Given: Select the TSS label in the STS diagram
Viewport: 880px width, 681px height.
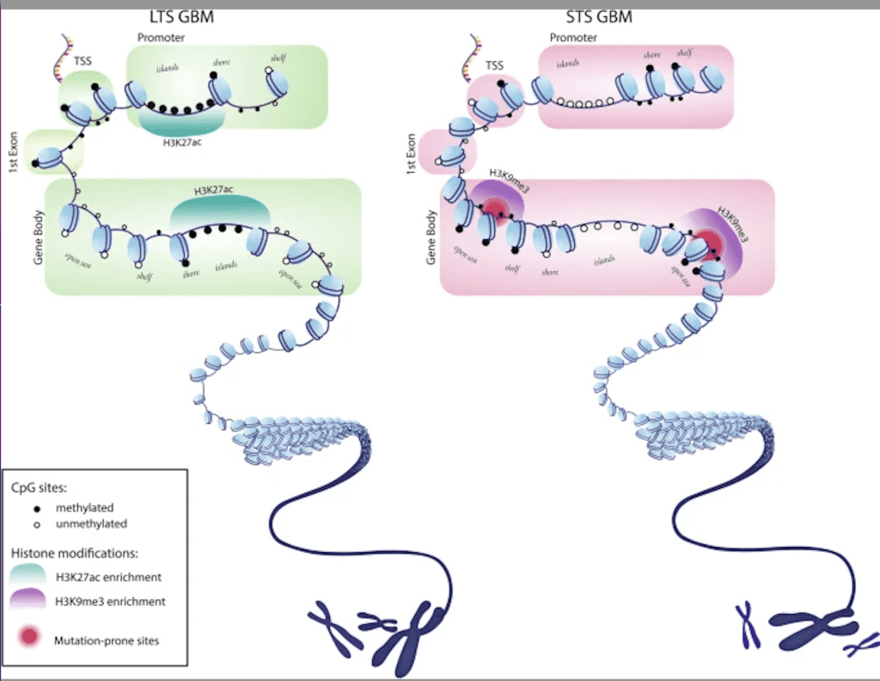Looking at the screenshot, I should click(495, 64).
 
